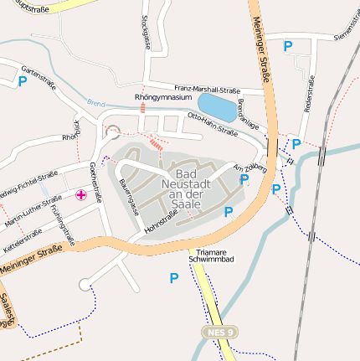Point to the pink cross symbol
pyautogui.click(x=81, y=195)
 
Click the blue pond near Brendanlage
pyautogui.click(x=218, y=107)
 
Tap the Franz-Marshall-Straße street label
pyautogui.click(x=208, y=88)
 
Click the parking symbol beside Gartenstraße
pyautogui.click(x=23, y=82)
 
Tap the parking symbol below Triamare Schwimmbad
pyautogui.click(x=174, y=278)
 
